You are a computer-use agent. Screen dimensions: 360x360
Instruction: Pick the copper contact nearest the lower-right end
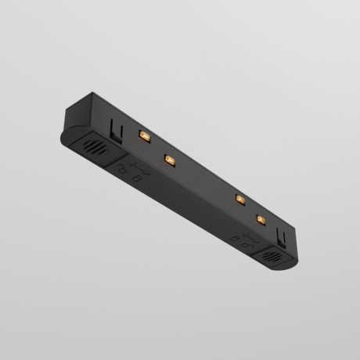(x=260, y=219)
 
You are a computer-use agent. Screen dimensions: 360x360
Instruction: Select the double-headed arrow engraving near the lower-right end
(x=249, y=238)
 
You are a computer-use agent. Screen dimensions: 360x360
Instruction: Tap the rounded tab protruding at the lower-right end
(x=288, y=263)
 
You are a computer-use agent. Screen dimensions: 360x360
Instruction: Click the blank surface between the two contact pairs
(x=202, y=178)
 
